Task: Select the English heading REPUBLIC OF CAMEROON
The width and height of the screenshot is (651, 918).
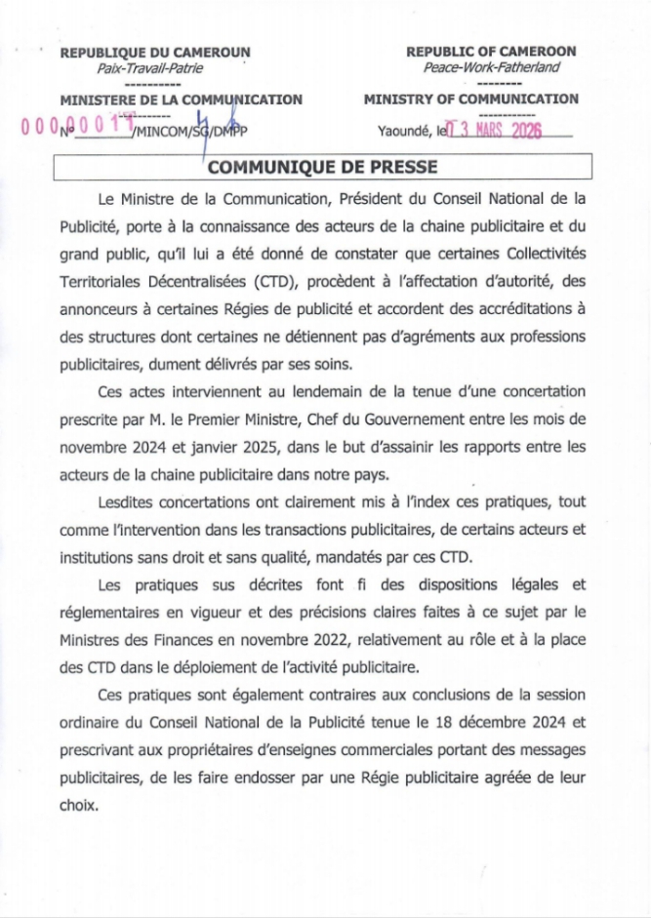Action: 491,51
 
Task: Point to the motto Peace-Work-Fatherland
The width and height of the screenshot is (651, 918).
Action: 491,66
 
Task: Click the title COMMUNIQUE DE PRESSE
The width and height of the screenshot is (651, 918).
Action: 324,167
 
